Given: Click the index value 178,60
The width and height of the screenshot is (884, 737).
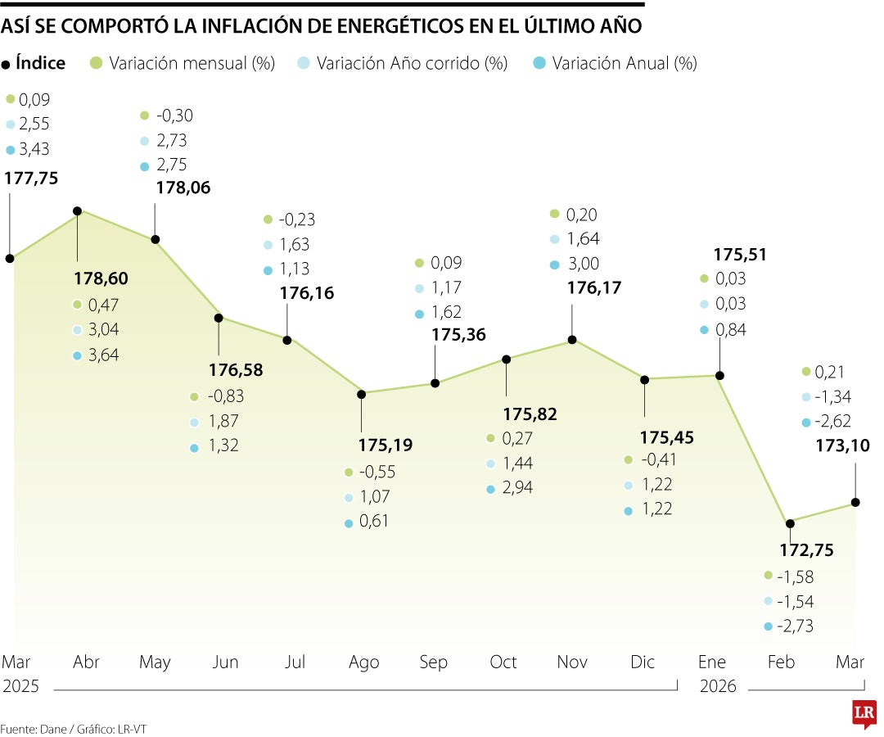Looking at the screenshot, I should [x=101, y=278].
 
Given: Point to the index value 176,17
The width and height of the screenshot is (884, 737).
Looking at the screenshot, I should [x=594, y=288].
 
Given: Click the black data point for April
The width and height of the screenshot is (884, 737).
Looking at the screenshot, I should [x=78, y=210].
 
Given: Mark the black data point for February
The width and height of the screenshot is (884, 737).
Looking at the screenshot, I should [x=790, y=522].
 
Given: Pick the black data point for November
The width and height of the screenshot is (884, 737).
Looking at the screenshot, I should [x=573, y=340].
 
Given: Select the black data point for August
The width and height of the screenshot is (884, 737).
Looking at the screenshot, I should [x=361, y=394].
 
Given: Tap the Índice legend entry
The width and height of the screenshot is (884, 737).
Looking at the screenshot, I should [x=40, y=63].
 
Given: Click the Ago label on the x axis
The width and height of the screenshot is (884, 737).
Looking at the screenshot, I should [x=364, y=662].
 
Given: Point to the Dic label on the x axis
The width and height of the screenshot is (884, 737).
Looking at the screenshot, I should [x=643, y=662].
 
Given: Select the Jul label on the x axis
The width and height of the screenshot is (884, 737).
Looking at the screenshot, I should [x=294, y=662].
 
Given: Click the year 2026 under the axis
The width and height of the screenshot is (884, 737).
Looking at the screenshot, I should [x=718, y=686].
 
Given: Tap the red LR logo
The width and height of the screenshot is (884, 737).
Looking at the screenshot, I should [x=864, y=713].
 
